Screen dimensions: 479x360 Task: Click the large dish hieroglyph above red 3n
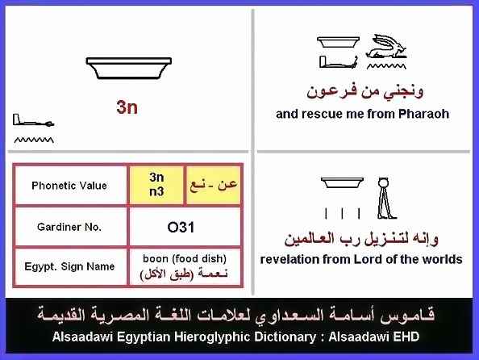coord(128,68)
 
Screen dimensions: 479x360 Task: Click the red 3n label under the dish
coord(127,107)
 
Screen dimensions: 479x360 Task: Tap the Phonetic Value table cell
coord(69,186)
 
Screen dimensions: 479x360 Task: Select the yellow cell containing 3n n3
coord(156,185)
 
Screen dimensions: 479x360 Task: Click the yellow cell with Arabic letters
coord(214,185)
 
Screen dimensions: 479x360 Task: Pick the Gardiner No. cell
coord(69,227)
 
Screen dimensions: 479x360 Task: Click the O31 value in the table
coord(181,228)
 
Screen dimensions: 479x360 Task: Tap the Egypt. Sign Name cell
coord(69,266)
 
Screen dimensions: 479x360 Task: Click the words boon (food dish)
coord(185,259)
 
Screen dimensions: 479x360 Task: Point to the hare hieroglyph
coord(386,46)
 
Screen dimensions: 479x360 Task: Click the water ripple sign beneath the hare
coord(386,66)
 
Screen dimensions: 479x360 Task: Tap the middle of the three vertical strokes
coord(342,213)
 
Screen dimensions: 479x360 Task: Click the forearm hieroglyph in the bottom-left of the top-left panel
coord(33,120)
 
